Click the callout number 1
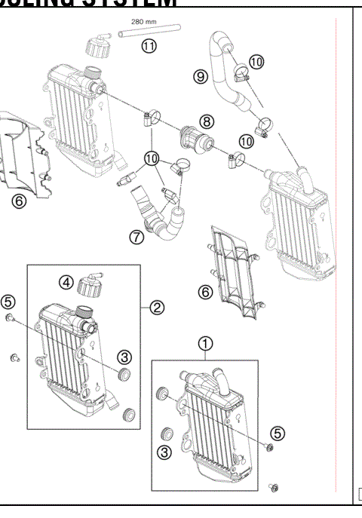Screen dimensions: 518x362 coord(204,344)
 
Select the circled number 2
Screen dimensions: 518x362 coord(157,308)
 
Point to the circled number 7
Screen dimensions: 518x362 coord(136,238)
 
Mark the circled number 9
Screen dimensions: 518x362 coord(200,76)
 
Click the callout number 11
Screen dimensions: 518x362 coord(149,47)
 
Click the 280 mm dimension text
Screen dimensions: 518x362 coord(143,23)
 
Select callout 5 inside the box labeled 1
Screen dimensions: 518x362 coord(278,433)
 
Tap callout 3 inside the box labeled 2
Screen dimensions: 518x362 coord(124,357)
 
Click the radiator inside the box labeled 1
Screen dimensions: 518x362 coord(215,426)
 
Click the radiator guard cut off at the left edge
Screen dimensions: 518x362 coord(21,155)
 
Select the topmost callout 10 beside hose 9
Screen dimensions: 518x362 coord(256,61)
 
